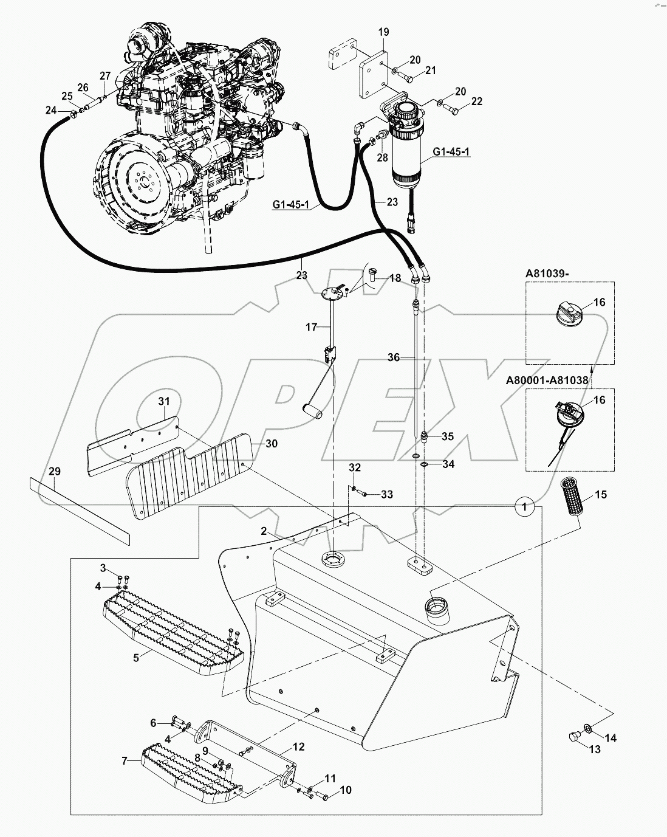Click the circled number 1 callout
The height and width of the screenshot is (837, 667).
pyautogui.click(x=524, y=505)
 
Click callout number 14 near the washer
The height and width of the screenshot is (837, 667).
pyautogui.click(x=610, y=738)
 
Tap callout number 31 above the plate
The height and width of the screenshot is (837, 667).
pyautogui.click(x=165, y=401)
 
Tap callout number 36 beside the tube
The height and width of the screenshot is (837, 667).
pyautogui.click(x=394, y=357)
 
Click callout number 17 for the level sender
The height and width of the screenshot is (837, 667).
pyautogui.click(x=312, y=327)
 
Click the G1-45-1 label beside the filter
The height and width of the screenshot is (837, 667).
pyautogui.click(x=451, y=151)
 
